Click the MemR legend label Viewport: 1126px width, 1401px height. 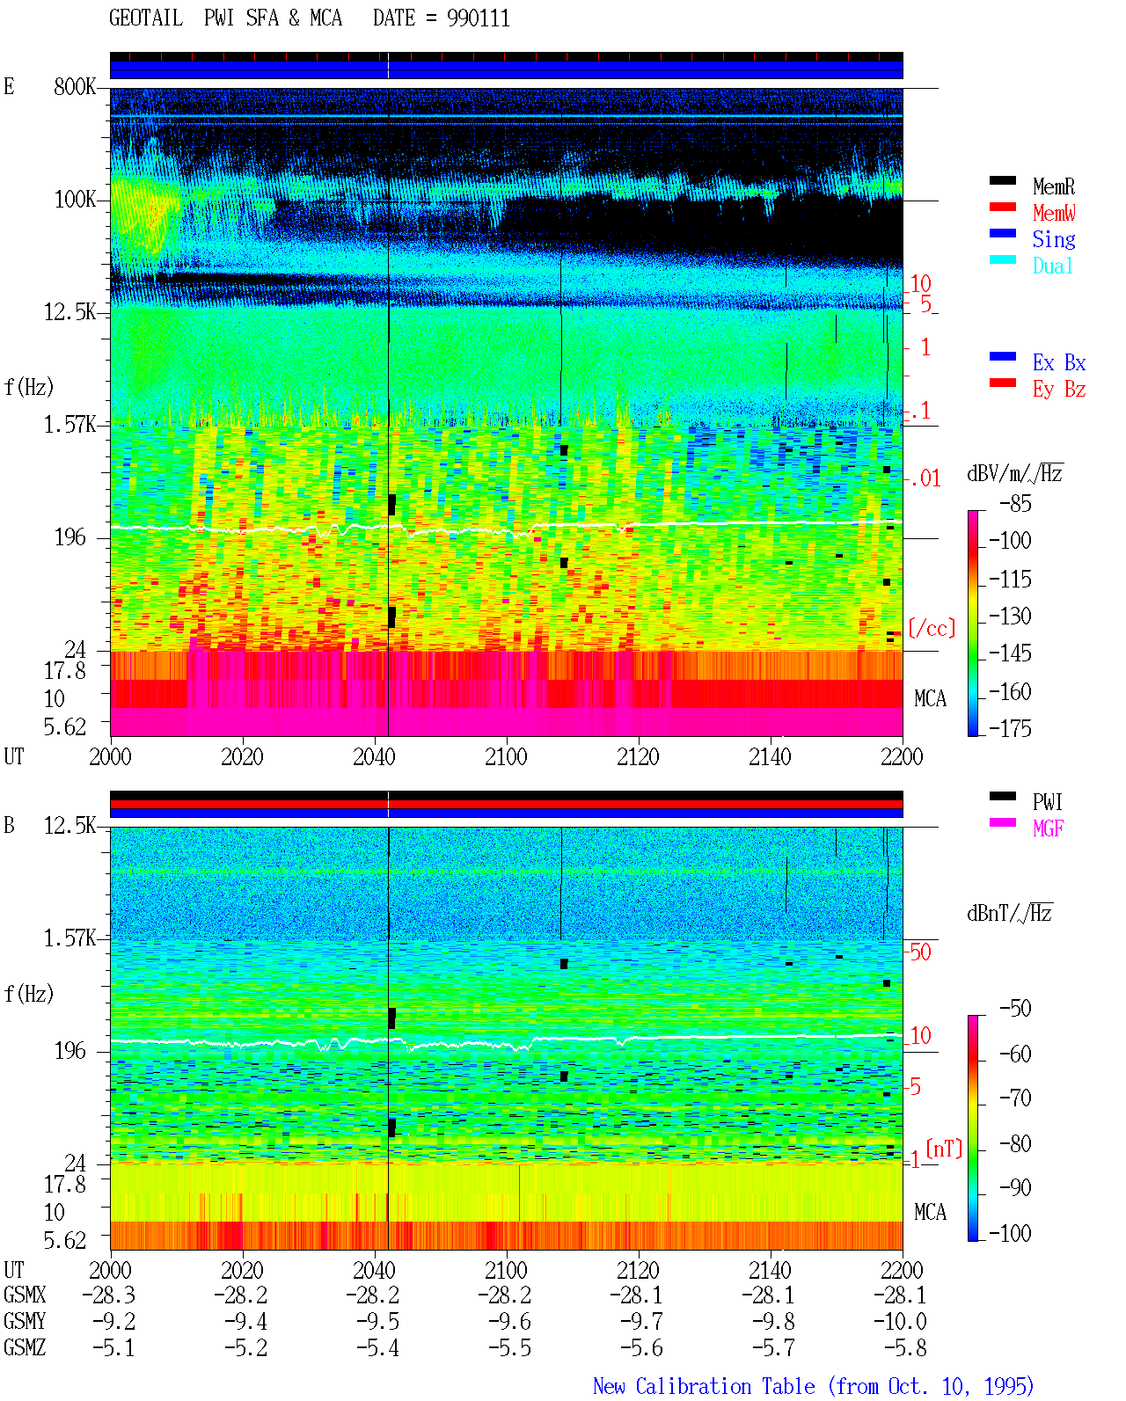click(x=1053, y=186)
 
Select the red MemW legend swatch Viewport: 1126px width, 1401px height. click(x=1002, y=207)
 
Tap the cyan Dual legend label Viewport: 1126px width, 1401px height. click(x=1052, y=266)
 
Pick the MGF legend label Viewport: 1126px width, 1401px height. click(x=1048, y=828)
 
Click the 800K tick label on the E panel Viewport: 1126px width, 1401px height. click(x=75, y=86)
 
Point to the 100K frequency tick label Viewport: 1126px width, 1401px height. click(x=75, y=200)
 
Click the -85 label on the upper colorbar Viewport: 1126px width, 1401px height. click(x=1015, y=504)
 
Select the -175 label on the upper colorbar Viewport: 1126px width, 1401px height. click(x=1010, y=728)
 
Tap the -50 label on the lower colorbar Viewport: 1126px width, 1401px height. click(x=1015, y=1009)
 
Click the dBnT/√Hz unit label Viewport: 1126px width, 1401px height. click(x=1009, y=914)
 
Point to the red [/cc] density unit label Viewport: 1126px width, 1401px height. click(x=932, y=628)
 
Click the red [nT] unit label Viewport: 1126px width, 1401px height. click(x=944, y=1149)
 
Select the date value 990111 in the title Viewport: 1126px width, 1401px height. click(x=478, y=18)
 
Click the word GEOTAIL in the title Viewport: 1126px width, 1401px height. click(x=146, y=18)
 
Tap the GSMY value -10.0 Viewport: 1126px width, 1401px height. click(x=900, y=1322)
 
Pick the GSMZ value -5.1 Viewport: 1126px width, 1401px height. click(x=113, y=1347)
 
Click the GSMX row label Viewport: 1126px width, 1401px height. click(x=25, y=1295)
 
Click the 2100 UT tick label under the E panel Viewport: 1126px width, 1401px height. click(x=506, y=756)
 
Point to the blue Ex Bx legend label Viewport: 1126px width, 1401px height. click(x=1059, y=362)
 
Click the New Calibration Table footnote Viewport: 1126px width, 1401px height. click(x=813, y=1387)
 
